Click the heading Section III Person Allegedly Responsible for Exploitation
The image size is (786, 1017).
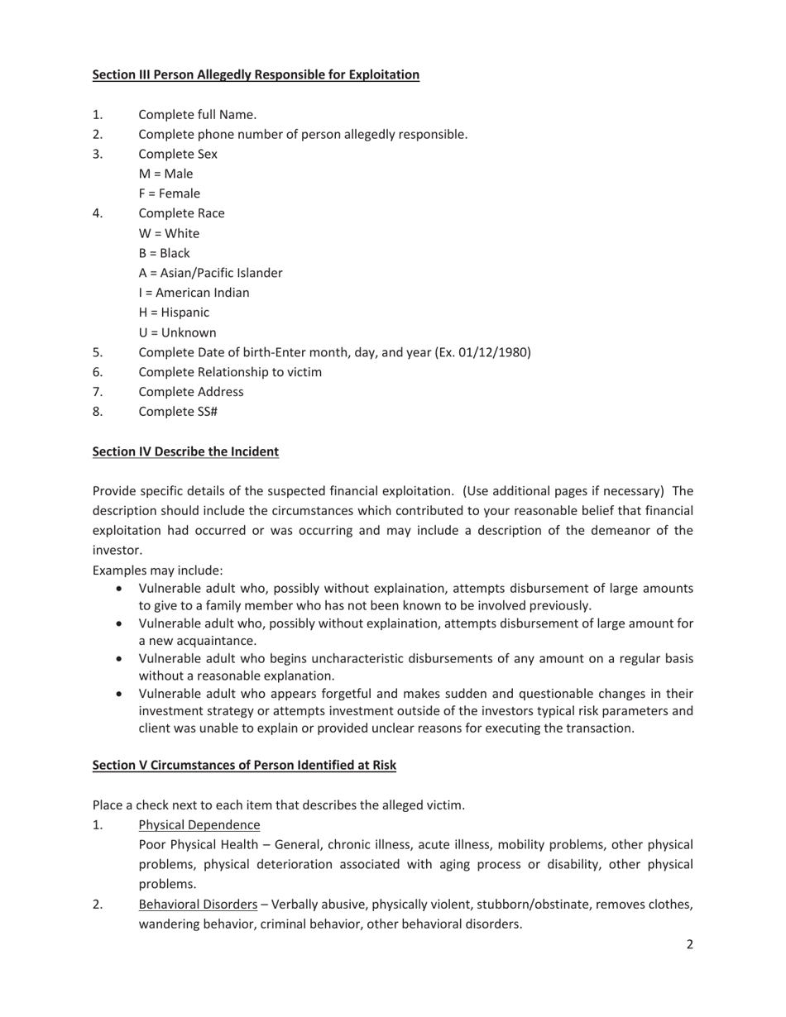click(x=256, y=74)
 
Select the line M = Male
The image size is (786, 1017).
click(x=165, y=174)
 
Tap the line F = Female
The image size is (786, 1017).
click(x=169, y=193)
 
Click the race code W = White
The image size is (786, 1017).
click(x=169, y=233)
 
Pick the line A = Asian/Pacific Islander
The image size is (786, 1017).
click(x=210, y=273)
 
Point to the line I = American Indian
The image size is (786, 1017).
click(x=194, y=293)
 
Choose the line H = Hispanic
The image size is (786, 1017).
click(x=174, y=313)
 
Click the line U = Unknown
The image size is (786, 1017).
click(x=177, y=332)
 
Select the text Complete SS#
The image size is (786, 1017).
click(x=178, y=412)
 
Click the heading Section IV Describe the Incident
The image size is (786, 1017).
click(x=185, y=451)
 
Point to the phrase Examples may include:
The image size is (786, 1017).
click(x=157, y=571)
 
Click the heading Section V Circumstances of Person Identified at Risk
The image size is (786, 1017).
click(x=244, y=765)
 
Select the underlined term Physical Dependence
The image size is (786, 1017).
click(x=199, y=824)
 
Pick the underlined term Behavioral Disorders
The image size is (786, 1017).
click(x=198, y=904)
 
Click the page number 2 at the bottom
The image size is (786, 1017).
click(x=689, y=944)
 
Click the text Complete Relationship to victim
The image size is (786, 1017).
click(x=230, y=372)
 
